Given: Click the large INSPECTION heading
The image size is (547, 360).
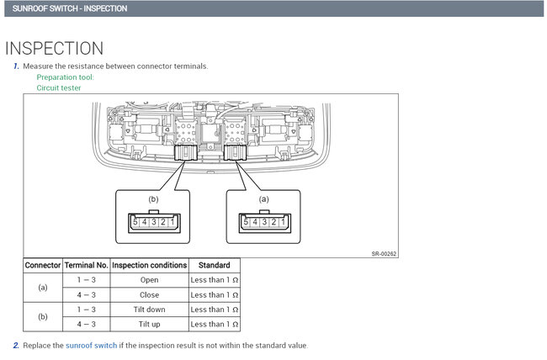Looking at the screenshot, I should tap(55, 48).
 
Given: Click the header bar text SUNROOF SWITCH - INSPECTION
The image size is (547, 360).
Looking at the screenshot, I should tap(70, 8).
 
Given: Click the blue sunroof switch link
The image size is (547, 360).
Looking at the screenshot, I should tap(92, 346).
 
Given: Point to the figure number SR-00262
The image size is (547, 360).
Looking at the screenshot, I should tap(384, 253).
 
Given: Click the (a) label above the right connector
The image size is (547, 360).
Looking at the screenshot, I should tap(264, 199).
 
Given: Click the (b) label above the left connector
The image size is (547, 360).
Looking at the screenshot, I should tap(153, 199).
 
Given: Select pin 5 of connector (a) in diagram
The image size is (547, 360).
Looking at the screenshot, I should tap(244, 222).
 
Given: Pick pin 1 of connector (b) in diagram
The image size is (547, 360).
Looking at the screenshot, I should tap(172, 222).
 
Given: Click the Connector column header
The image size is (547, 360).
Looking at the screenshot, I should tap(43, 265).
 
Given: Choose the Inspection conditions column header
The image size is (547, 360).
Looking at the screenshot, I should tap(149, 265).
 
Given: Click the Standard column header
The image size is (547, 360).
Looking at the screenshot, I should tap(215, 265).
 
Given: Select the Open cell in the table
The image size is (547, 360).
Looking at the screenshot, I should tap(149, 280).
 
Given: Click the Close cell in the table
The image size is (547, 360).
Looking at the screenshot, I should tap(149, 295).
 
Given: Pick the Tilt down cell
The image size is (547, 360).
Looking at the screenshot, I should tap(149, 310).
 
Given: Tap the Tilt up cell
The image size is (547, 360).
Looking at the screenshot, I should tap(149, 324).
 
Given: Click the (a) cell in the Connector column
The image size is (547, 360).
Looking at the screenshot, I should tap(43, 288).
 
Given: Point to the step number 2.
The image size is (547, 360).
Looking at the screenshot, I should tap(16, 346).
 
